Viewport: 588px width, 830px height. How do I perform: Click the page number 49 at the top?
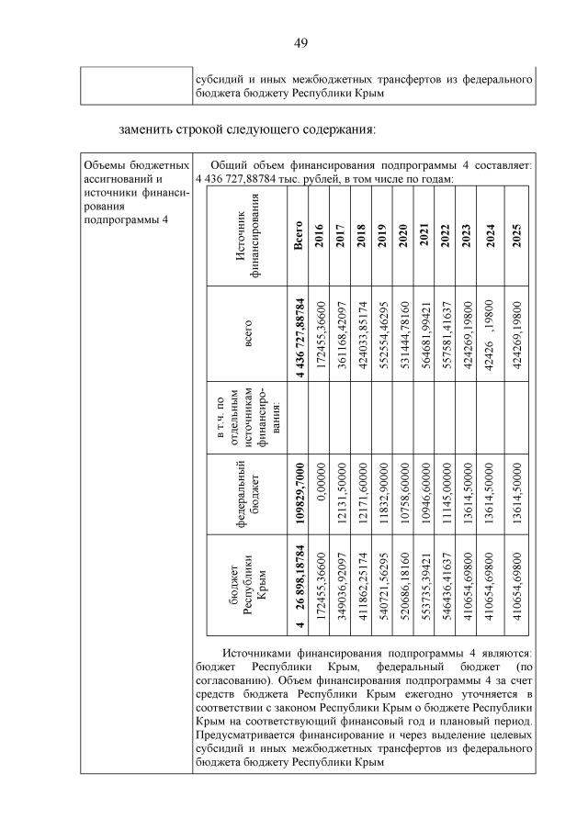pyautogui.click(x=300, y=43)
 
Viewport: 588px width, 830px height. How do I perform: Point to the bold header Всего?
pyautogui.click(x=298, y=240)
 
